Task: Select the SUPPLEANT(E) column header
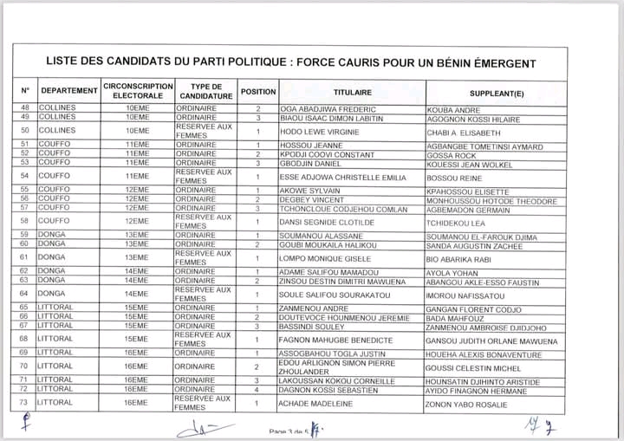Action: [497, 92]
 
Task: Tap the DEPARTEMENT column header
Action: [69, 91]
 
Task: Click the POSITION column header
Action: [258, 91]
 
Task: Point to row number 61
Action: [24, 257]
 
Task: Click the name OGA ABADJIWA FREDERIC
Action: [324, 109]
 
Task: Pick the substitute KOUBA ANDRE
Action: [454, 110]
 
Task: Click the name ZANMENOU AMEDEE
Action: [312, 308]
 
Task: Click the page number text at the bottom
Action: [290, 431]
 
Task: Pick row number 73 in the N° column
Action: [24, 403]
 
